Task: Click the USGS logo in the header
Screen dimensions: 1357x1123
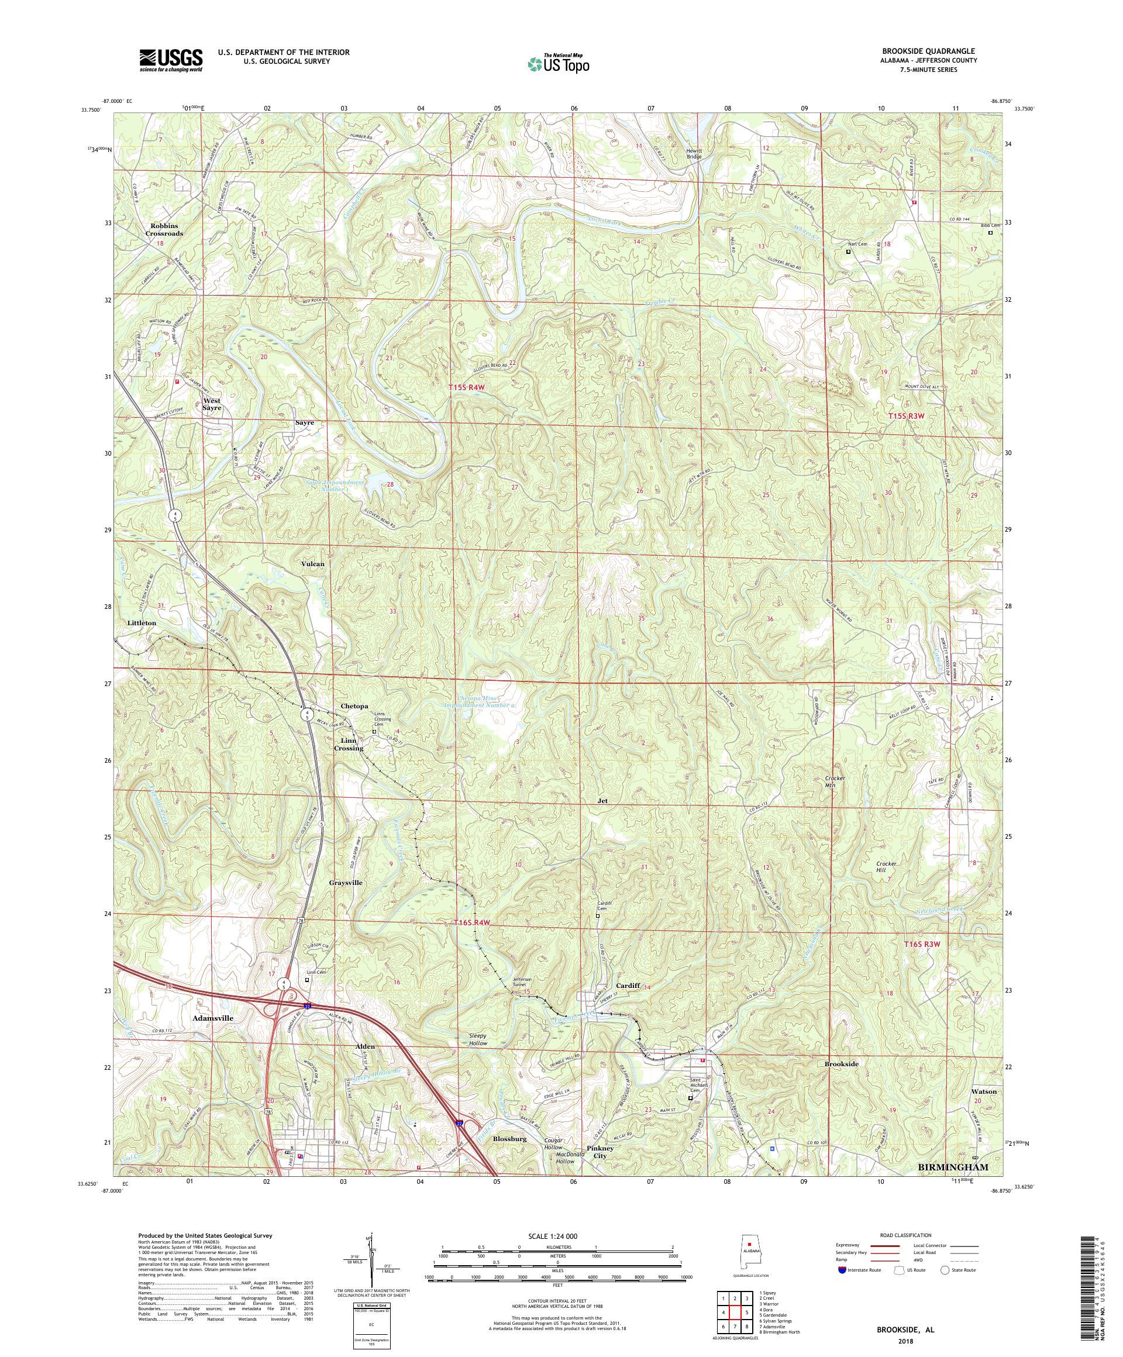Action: point(171,60)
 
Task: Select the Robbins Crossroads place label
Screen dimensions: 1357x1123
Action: point(164,229)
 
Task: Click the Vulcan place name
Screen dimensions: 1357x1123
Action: point(313,563)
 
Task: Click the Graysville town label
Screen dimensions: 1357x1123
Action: point(346,882)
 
